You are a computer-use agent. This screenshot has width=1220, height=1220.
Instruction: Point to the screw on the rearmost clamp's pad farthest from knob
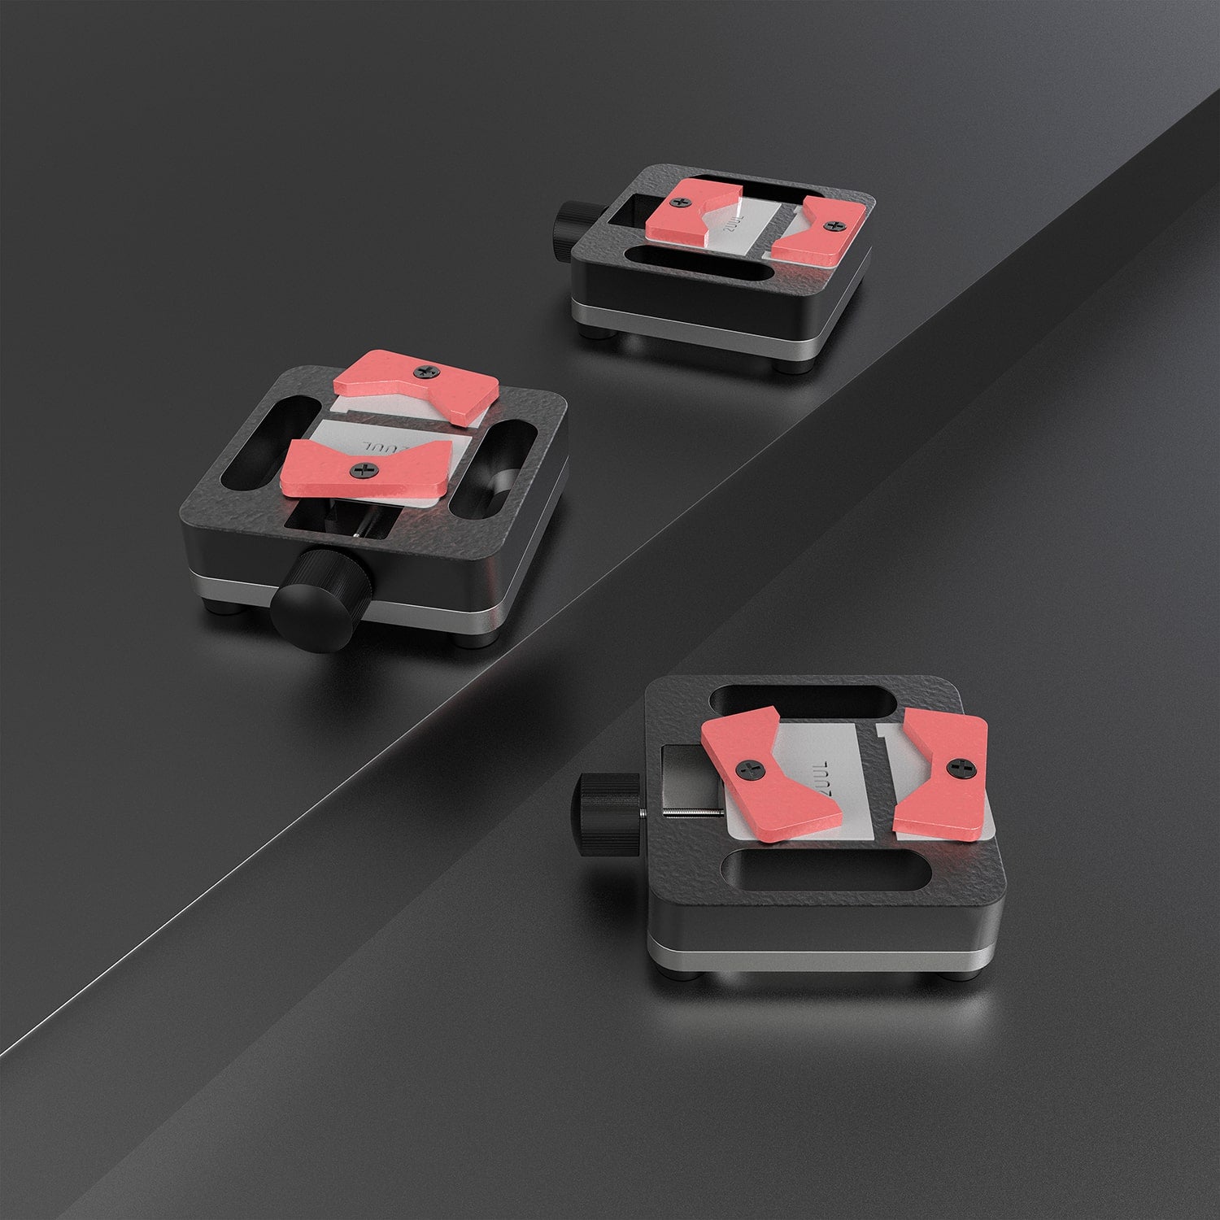(830, 224)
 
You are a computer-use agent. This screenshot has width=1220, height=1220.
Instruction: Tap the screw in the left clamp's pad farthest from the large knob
(427, 373)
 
